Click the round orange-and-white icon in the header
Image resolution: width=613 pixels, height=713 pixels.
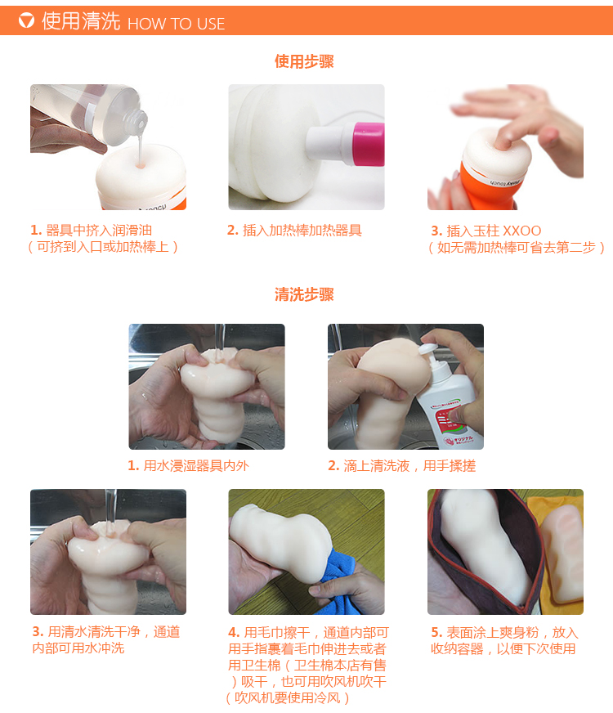coord(26,20)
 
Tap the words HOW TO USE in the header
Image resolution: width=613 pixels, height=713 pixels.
coord(176,24)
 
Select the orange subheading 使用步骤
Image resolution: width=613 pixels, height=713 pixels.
coord(304,61)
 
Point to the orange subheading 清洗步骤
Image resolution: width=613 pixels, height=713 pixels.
coord(304,294)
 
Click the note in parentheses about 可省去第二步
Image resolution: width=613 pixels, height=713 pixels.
coord(517,247)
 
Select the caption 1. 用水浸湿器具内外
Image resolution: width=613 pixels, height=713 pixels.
coord(188,465)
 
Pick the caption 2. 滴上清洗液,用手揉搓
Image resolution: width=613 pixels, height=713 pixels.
coord(401,465)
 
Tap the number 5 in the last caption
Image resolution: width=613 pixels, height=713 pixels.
coord(436,632)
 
